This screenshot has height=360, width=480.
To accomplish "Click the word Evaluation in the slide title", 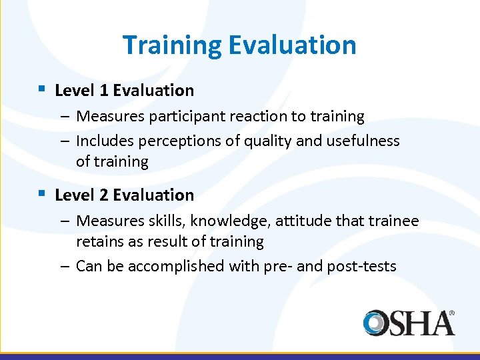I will click(292, 45).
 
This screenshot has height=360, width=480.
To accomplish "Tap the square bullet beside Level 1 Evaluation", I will click(41, 88).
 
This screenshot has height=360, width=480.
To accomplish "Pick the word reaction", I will click(247, 117).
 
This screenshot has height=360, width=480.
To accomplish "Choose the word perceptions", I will click(172, 141).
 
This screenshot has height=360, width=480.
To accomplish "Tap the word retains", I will click(101, 241).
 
